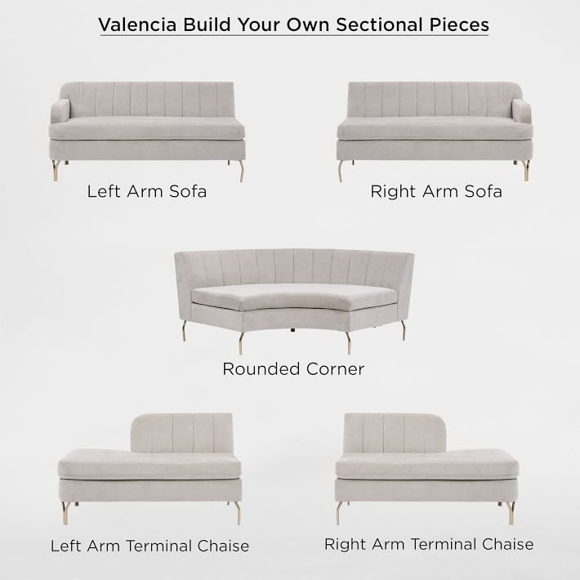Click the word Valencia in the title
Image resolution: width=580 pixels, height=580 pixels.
pyautogui.click(x=137, y=25)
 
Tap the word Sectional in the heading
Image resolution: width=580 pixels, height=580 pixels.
pyautogui.click(x=379, y=25)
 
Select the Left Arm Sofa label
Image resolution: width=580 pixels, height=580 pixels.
pyautogui.click(x=147, y=192)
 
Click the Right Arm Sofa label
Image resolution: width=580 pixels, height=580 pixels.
pyautogui.click(x=436, y=192)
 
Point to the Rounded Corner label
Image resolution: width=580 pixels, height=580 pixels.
pyautogui.click(x=293, y=369)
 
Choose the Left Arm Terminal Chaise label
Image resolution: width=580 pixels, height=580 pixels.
pyautogui.click(x=149, y=546)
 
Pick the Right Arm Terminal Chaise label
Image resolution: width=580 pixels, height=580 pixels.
pyautogui.click(x=429, y=544)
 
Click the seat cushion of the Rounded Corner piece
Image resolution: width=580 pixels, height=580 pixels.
pyautogui.click(x=294, y=297)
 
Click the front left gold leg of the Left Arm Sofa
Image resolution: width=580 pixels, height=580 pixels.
pyautogui.click(x=56, y=170)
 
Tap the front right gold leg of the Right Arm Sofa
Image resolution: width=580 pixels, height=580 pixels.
pyautogui.click(x=525, y=170)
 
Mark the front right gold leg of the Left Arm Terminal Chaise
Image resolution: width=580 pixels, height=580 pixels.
pyautogui.click(x=237, y=513)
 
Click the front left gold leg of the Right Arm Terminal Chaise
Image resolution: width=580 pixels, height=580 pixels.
pyautogui.click(x=340, y=513)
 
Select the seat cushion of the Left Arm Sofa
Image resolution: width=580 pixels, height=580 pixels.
pyautogui.click(x=147, y=128)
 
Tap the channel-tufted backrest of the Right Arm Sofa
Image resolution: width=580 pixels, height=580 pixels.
pyautogui.click(x=431, y=99)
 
